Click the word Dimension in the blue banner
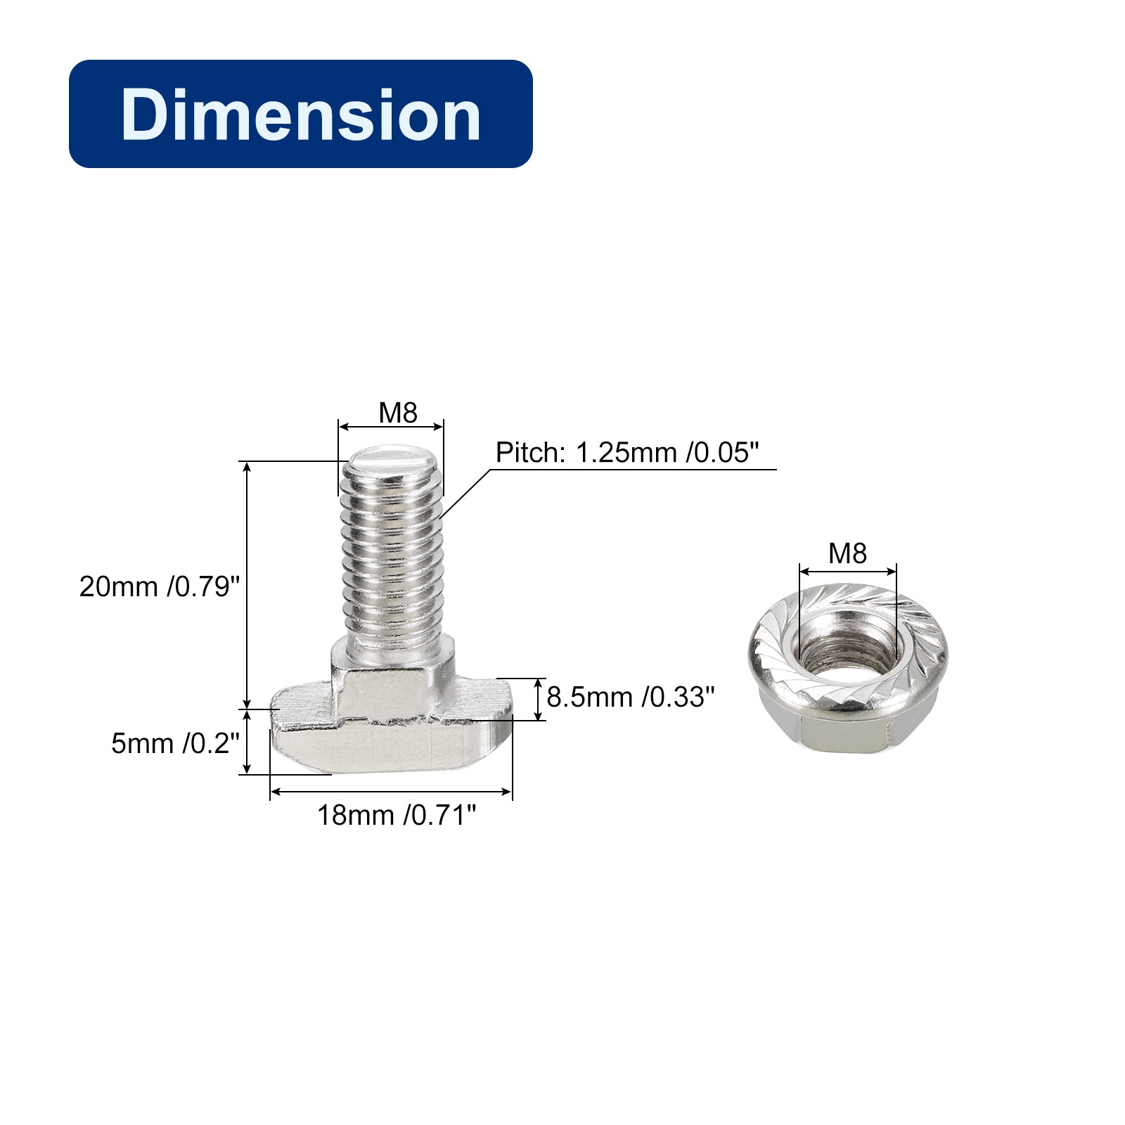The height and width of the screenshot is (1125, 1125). tap(301, 114)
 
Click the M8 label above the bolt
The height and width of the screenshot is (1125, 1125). tap(398, 413)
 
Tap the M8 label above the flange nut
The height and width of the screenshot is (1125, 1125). tap(847, 553)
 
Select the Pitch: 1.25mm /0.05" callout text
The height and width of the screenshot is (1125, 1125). tap(628, 452)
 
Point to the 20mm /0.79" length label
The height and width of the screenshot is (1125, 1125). tap(160, 586)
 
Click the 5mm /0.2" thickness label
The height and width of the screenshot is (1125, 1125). tap(176, 742)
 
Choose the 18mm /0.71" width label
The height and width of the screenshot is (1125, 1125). tap(397, 815)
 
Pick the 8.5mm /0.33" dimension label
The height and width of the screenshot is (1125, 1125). tap(631, 697)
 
